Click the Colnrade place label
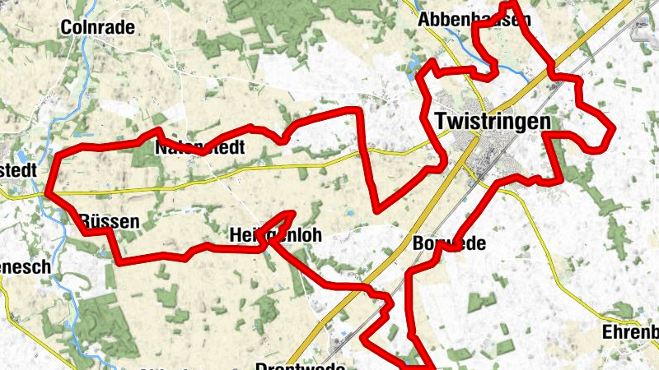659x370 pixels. (98, 27)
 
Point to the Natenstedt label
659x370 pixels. (201, 149)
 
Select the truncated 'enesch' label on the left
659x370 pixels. (26, 267)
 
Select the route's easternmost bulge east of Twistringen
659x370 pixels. (611, 132)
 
